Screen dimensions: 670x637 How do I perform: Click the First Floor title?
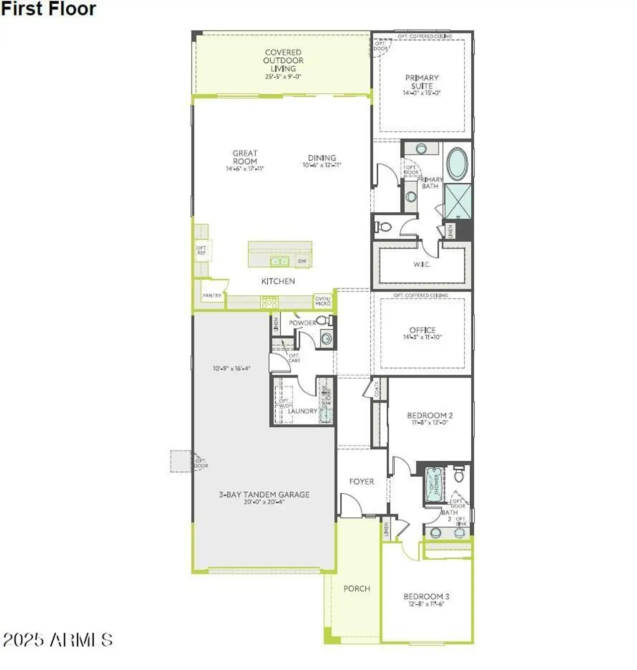point(48,9)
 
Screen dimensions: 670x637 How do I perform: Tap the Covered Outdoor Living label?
point(283,60)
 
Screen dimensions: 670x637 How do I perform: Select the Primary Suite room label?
point(422,82)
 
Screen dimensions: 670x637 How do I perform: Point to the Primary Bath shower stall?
point(457,201)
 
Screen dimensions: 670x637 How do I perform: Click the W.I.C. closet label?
point(422,264)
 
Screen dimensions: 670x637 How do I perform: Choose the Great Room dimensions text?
point(245,169)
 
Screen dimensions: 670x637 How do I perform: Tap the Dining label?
point(322,157)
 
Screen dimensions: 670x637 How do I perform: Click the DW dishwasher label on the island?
point(302,261)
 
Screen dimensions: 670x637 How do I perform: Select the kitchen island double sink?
point(279,261)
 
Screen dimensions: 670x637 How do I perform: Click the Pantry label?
point(212,295)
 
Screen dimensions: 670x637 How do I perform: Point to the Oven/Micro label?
point(322,301)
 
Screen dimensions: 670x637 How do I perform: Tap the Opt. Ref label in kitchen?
point(201,250)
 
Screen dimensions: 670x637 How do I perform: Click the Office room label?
point(423,330)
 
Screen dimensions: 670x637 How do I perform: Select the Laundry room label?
point(302,411)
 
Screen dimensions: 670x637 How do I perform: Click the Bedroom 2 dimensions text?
point(430,422)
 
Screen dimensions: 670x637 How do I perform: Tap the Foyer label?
point(361,481)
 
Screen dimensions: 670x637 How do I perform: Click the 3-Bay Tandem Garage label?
point(264,494)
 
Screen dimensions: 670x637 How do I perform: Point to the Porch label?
point(357,588)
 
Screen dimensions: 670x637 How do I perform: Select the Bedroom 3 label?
point(426,596)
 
